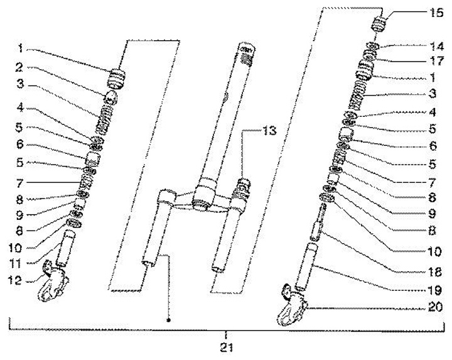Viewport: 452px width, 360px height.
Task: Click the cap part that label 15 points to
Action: click(379, 26)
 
